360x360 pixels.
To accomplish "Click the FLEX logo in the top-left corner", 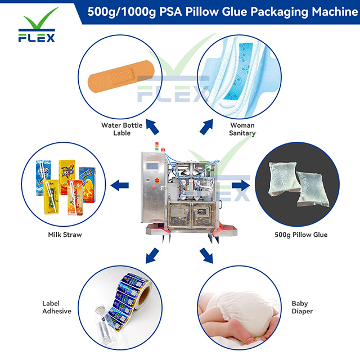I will pos(37,25).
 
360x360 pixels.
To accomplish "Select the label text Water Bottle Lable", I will pos(121,129).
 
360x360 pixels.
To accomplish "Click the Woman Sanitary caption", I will pos(242,129).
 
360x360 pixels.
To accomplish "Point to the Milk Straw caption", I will pos(65,234).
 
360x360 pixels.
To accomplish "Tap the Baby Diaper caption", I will pos(300,307).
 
